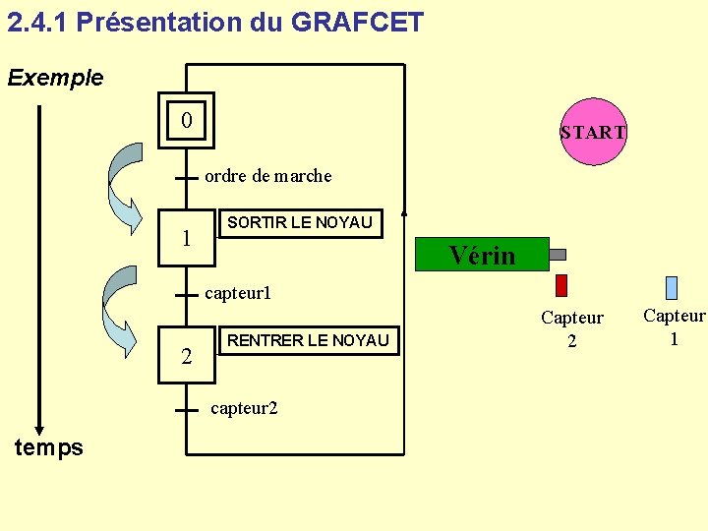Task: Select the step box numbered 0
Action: click(187, 121)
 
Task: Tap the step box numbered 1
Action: click(187, 239)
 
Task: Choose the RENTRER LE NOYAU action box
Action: click(308, 341)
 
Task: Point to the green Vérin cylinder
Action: click(482, 255)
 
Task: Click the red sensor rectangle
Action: click(561, 285)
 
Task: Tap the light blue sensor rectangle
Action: click(672, 287)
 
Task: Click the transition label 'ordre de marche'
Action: click(267, 177)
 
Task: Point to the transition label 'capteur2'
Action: click(244, 408)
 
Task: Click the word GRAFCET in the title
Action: click(358, 22)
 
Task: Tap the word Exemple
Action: click(55, 78)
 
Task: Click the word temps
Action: click(49, 448)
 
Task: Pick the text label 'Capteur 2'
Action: click(571, 328)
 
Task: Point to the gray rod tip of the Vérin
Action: click(557, 255)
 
